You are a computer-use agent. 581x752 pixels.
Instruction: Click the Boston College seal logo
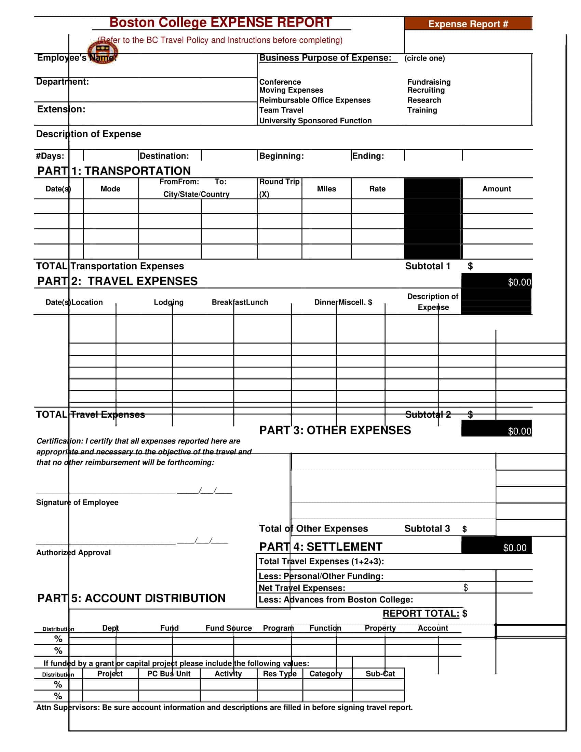pyautogui.click(x=102, y=52)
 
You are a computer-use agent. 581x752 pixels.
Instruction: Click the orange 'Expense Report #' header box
pyautogui.click(x=468, y=24)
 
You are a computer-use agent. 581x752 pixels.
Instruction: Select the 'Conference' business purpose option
pyautogui.click(x=280, y=82)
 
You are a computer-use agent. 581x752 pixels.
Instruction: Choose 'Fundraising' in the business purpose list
pyautogui.click(x=429, y=82)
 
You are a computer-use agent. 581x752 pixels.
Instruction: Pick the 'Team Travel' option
pyautogui.click(x=281, y=110)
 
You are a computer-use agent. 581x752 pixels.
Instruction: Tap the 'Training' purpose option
pyautogui.click(x=422, y=110)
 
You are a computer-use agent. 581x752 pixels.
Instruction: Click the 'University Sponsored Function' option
pyautogui.click(x=315, y=121)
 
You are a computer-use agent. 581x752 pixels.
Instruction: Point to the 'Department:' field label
pyautogui.click(x=62, y=82)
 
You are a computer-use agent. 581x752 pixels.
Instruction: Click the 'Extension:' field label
pyautogui.click(x=61, y=109)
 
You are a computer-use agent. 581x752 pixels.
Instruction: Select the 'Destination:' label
pyautogui.click(x=164, y=156)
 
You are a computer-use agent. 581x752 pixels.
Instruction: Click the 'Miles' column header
pyautogui.click(x=326, y=189)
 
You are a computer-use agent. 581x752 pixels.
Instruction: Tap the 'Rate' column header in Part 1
pyautogui.click(x=377, y=189)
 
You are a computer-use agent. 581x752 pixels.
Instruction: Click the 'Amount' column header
pyautogui.click(x=496, y=189)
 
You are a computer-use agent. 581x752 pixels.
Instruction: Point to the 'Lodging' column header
pyautogui.click(x=168, y=302)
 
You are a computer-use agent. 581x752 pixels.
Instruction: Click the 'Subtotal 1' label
pyautogui.click(x=428, y=266)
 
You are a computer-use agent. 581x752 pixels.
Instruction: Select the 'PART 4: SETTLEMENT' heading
pyautogui.click(x=321, y=547)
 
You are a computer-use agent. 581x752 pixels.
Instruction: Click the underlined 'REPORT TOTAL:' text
pyautogui.click(x=421, y=613)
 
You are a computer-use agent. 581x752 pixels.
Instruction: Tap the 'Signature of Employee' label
pyautogui.click(x=77, y=502)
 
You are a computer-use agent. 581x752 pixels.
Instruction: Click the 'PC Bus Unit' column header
pyautogui.click(x=168, y=673)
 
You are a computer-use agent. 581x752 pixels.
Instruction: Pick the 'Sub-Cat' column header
pyautogui.click(x=380, y=673)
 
